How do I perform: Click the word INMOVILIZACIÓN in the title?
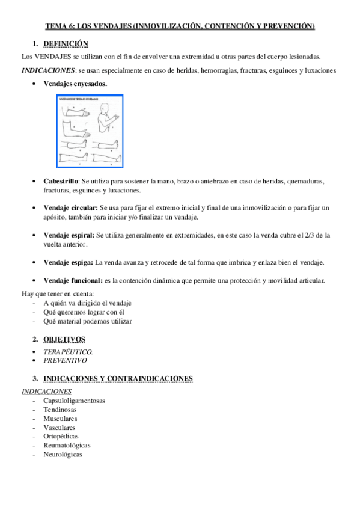[170, 26]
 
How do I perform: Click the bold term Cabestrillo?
[61, 181]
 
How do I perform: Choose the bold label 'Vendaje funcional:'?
[73, 281]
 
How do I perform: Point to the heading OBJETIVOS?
[64, 339]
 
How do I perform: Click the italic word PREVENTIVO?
[65, 361]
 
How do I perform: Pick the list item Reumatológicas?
[67, 446]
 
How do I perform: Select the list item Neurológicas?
[63, 455]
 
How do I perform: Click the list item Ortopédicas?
[61, 437]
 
